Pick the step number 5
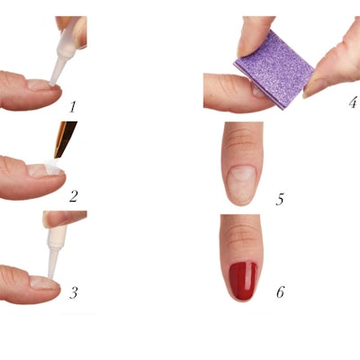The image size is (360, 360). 280,197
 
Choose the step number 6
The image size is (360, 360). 280,292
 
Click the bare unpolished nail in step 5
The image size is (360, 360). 240,184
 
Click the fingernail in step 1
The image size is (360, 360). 39,85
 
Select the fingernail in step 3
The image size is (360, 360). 40,282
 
